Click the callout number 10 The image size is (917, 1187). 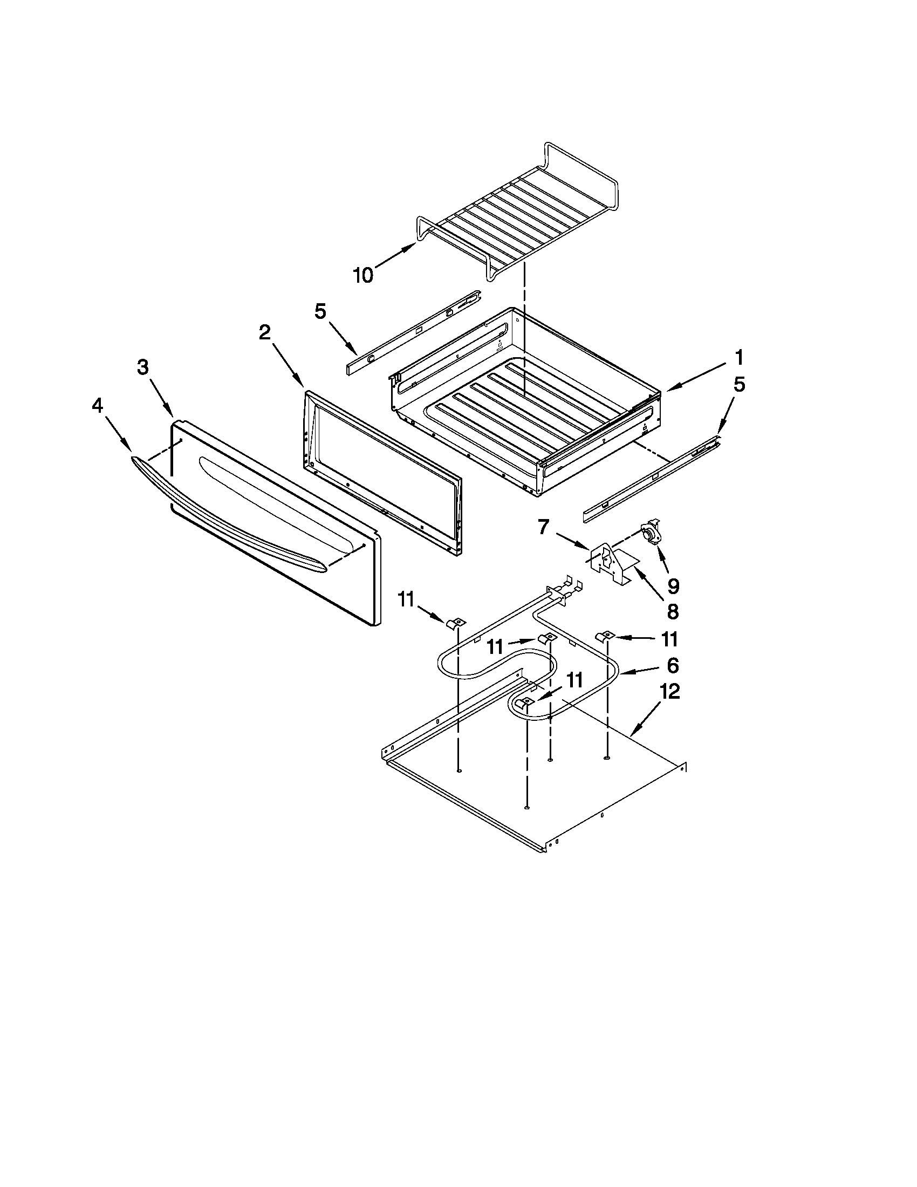tap(363, 276)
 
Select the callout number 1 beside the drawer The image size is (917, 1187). tap(739, 358)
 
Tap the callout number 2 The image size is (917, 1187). tap(264, 332)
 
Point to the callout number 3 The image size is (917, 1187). tap(142, 367)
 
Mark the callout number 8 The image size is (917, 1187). tap(673, 612)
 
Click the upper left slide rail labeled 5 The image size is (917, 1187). tap(413, 331)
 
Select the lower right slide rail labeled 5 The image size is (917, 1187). tap(652, 475)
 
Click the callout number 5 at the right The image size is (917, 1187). tap(739, 384)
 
